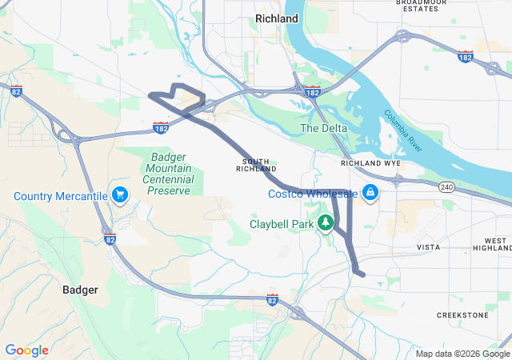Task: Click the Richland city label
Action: [x=276, y=18]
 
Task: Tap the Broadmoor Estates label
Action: [x=421, y=6]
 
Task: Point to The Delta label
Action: [x=320, y=128]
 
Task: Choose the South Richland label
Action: [x=257, y=165]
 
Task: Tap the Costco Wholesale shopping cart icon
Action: [x=370, y=193]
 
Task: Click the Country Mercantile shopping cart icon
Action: [x=120, y=195]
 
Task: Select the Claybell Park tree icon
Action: [x=326, y=222]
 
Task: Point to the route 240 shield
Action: [x=446, y=186]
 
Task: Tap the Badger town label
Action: [x=80, y=290]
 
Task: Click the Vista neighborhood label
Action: [x=428, y=247]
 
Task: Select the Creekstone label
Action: [x=462, y=315]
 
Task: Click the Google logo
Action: [x=26, y=350]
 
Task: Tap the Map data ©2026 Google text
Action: [x=462, y=354]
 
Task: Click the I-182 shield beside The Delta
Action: [x=312, y=93]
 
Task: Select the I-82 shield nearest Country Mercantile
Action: [x=110, y=238]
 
